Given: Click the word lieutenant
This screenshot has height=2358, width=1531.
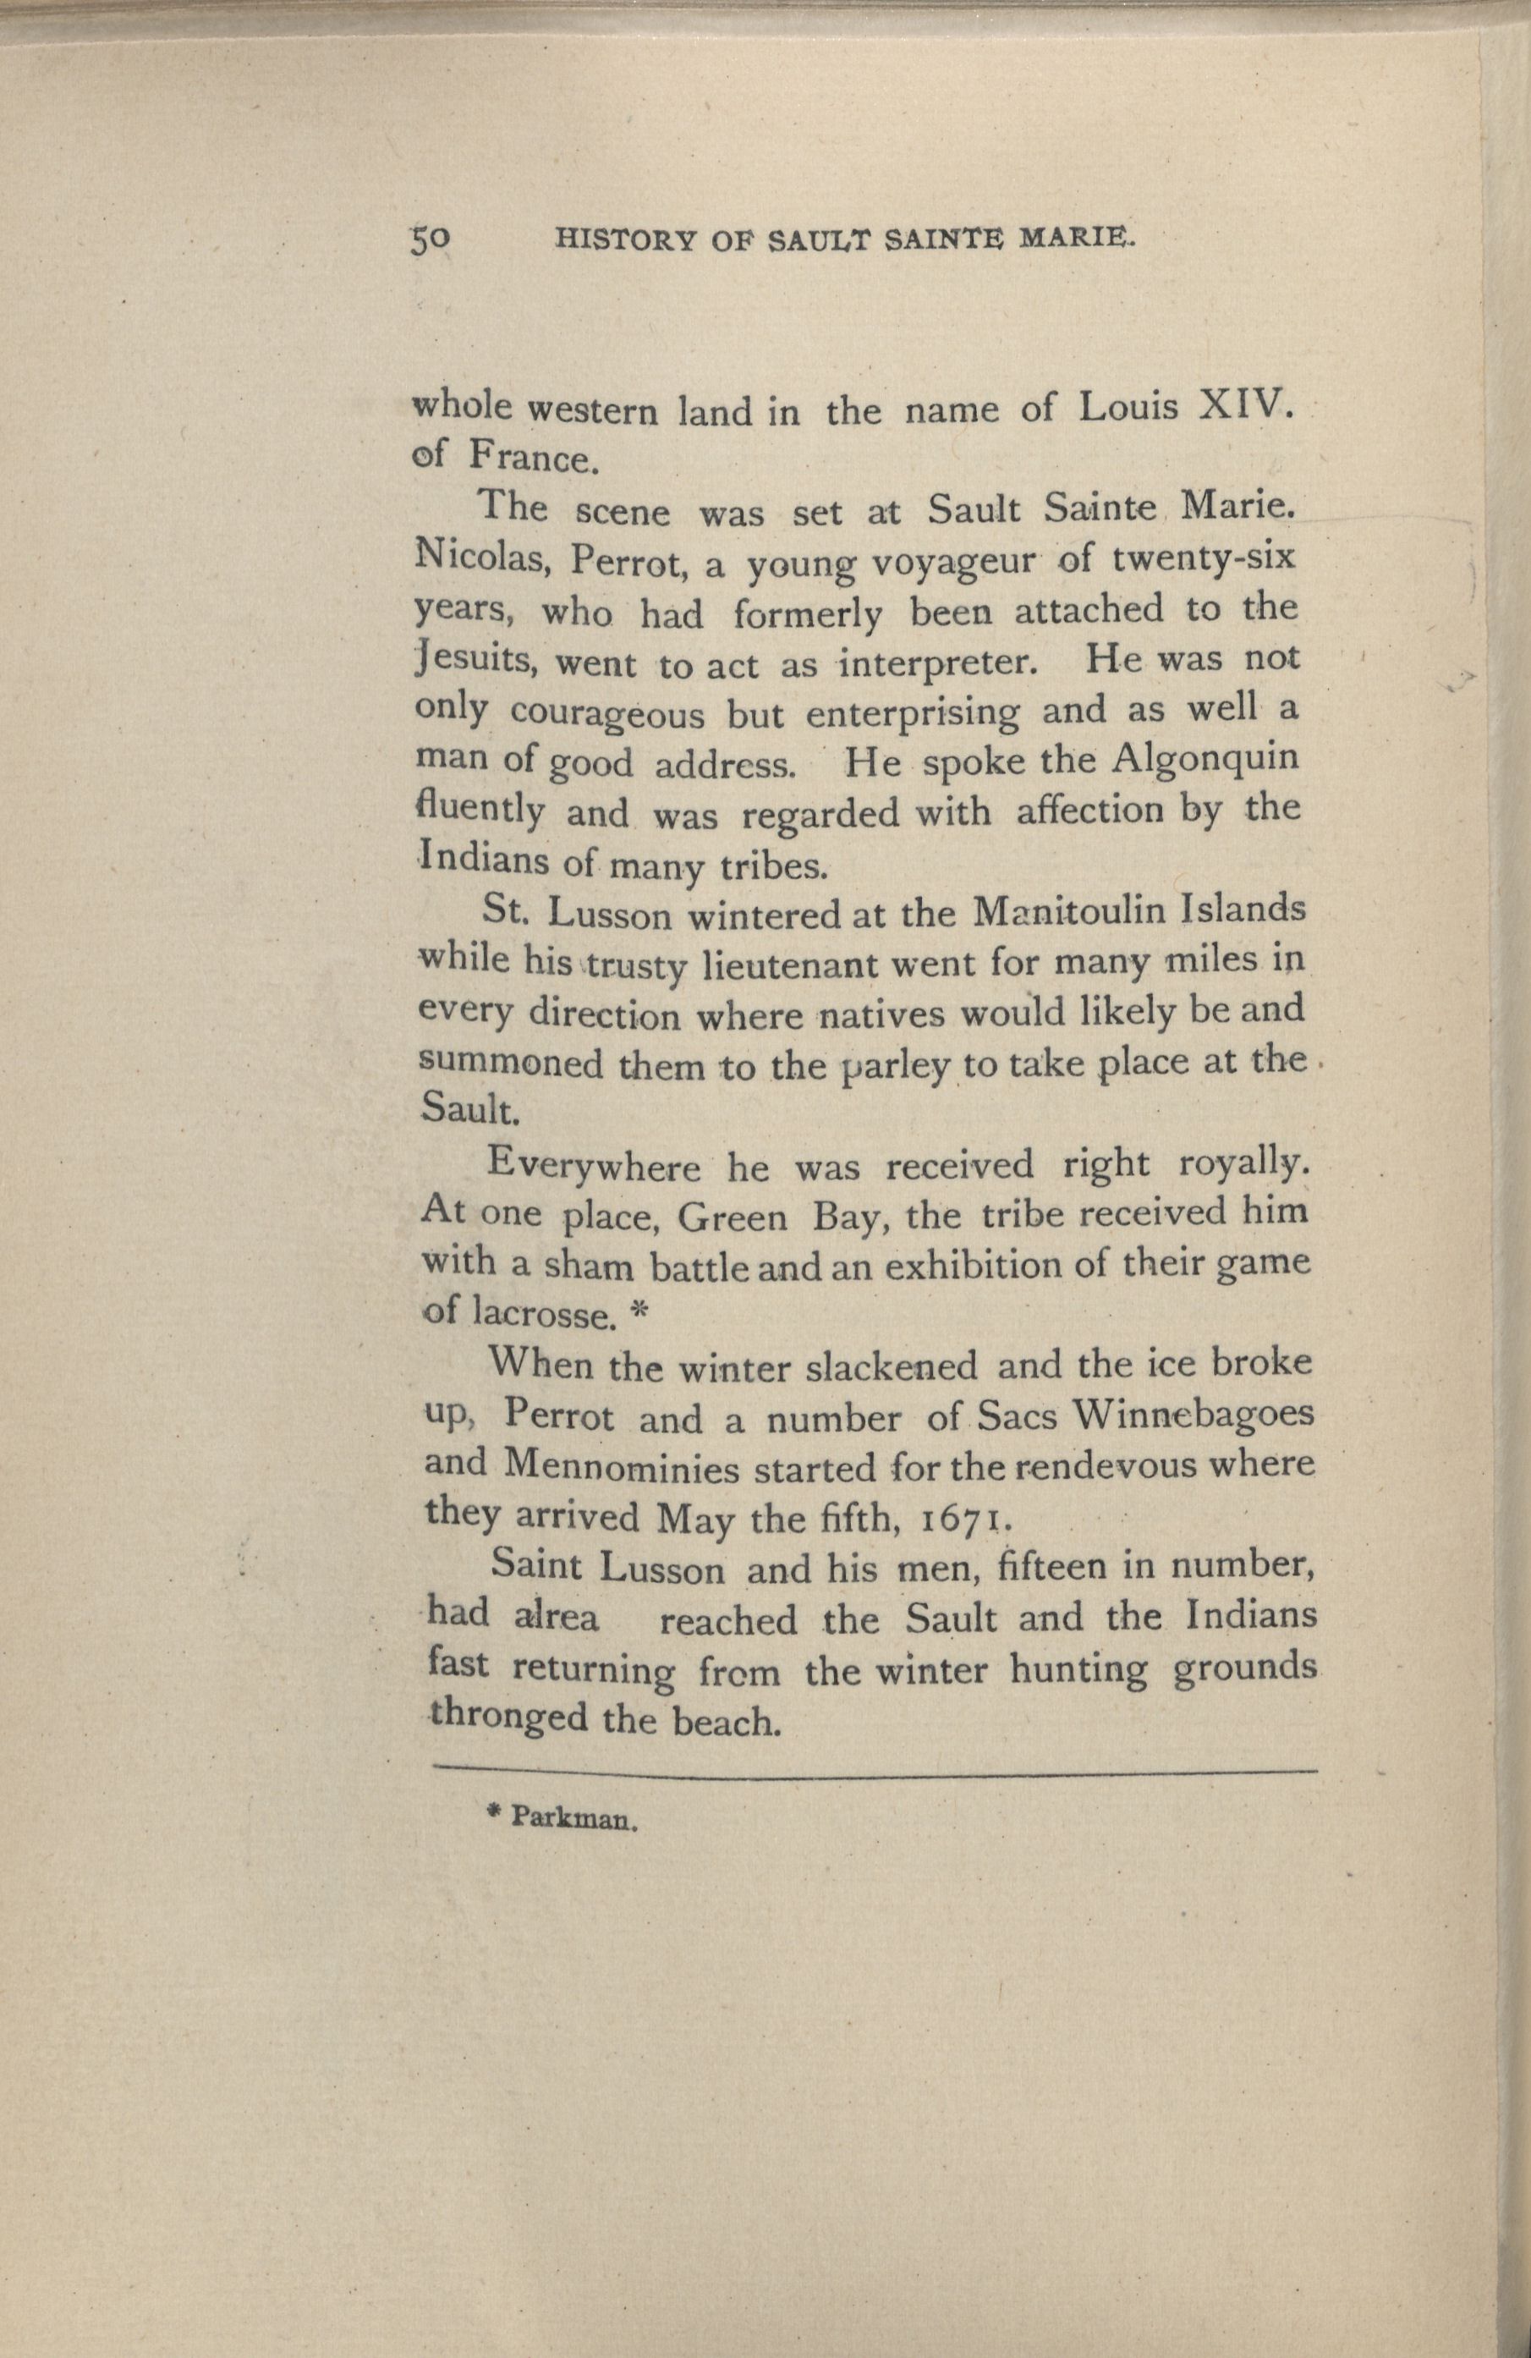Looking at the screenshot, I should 802,964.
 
